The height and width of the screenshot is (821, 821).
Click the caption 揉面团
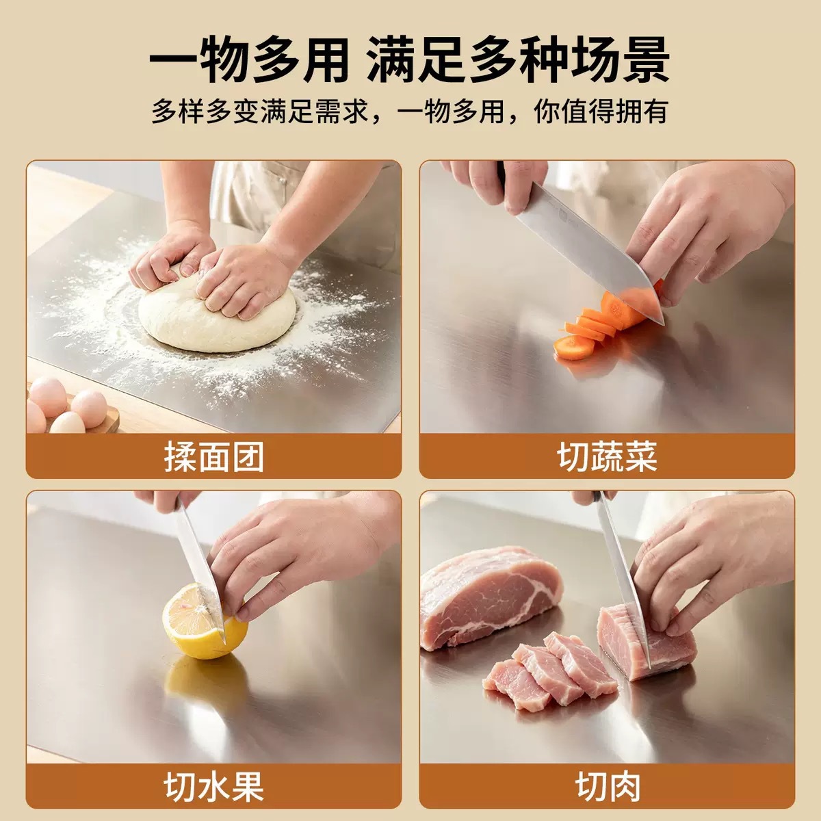[x=214, y=456]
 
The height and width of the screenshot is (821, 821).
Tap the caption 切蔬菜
[x=607, y=456]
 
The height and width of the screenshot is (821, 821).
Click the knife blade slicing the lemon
[x=201, y=571]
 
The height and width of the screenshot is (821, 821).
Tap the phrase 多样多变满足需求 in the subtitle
[x=260, y=112]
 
